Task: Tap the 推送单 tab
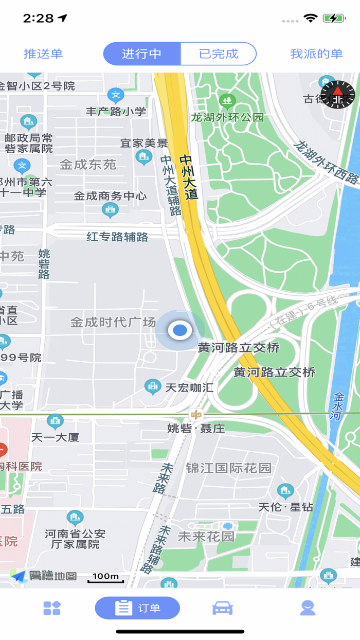click(x=43, y=54)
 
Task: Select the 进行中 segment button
click(x=141, y=54)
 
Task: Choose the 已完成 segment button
click(x=219, y=54)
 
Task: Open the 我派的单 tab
click(x=316, y=54)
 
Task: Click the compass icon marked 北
click(x=338, y=95)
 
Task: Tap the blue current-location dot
click(x=179, y=330)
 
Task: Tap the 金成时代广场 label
click(x=113, y=323)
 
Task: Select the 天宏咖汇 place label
click(x=189, y=387)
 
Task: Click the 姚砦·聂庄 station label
click(x=196, y=428)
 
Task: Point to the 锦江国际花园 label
click(x=228, y=468)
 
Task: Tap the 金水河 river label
click(x=338, y=406)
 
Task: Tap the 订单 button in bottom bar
click(x=137, y=608)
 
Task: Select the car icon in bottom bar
click(x=222, y=608)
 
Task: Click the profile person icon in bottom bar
click(x=308, y=608)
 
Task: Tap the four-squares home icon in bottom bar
click(x=52, y=608)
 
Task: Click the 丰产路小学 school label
click(x=116, y=111)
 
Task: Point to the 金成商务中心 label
click(x=110, y=196)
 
